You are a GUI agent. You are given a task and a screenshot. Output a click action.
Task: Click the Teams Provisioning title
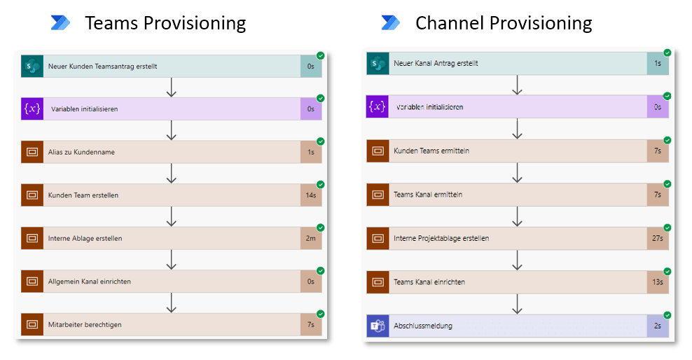click(x=165, y=23)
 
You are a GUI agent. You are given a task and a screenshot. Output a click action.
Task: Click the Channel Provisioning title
click(x=503, y=23)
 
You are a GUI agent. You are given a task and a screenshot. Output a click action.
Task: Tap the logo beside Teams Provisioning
click(x=61, y=23)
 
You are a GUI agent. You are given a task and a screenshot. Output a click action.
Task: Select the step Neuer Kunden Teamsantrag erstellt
click(x=102, y=67)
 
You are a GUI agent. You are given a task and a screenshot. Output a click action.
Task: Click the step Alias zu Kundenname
click(x=81, y=152)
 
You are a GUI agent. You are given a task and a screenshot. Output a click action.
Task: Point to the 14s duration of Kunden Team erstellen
click(x=311, y=195)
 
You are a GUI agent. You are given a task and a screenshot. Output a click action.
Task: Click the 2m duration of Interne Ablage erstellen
click(x=311, y=238)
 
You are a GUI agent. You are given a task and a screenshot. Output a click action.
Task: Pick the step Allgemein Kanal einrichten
click(x=89, y=282)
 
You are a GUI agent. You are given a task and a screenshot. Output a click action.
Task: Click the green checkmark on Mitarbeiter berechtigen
click(x=320, y=314)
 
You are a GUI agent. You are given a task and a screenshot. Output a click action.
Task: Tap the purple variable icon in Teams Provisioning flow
click(x=32, y=109)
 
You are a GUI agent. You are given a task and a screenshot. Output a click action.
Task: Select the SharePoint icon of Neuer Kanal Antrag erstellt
click(x=378, y=64)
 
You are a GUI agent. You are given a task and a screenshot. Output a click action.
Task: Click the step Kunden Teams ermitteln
click(x=431, y=151)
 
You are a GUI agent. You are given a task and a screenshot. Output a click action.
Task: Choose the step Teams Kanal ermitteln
click(x=428, y=194)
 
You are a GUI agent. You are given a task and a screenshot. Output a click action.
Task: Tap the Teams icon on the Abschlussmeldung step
click(x=378, y=326)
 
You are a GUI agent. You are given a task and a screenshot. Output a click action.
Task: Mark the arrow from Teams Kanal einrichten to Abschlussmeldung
click(x=517, y=303)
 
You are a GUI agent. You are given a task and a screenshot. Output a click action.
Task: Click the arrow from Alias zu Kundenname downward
click(x=171, y=173)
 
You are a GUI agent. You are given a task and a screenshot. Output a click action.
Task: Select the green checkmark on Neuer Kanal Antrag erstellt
click(x=667, y=53)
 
